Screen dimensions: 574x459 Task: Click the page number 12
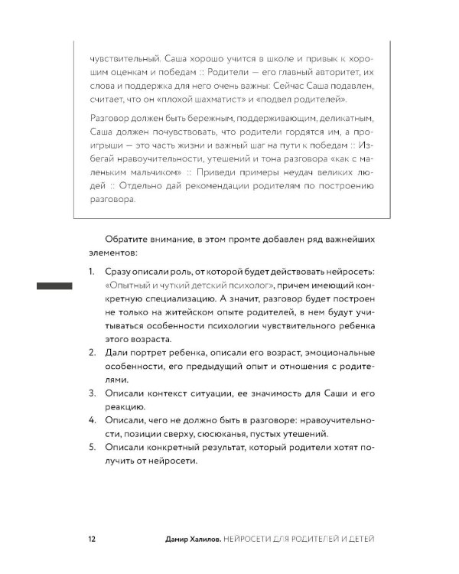pos(91,540)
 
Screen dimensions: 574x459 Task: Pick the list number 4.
pos(90,420)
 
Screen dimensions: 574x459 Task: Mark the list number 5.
pos(90,447)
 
